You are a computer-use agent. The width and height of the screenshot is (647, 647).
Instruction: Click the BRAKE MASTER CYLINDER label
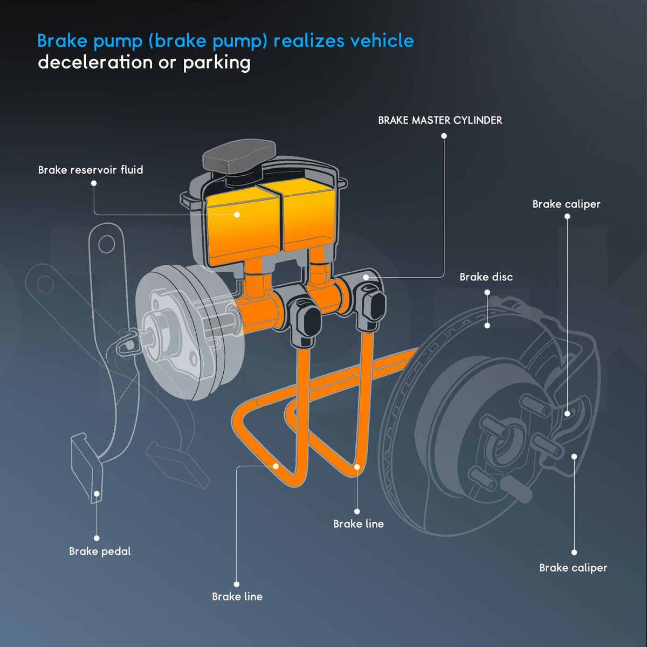tap(440, 120)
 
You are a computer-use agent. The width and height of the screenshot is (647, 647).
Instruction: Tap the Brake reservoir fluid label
tap(91, 170)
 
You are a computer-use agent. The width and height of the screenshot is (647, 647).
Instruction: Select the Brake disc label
tap(486, 277)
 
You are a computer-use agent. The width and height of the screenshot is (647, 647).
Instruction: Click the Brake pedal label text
tap(100, 552)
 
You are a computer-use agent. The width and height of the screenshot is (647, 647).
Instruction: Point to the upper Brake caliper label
tap(567, 204)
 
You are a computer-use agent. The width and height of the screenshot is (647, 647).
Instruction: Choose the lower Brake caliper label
tap(573, 568)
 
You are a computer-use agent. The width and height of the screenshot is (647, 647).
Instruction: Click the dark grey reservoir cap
tap(239, 155)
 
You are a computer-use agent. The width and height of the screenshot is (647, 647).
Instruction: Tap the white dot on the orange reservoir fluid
tap(237, 215)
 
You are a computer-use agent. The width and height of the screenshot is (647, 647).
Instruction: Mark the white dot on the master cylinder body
tap(366, 277)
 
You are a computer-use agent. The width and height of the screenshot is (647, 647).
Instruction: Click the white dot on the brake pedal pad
tap(97, 493)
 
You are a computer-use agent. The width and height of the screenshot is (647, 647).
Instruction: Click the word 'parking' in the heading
tap(217, 63)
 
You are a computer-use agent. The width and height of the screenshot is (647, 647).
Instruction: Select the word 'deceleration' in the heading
tap(95, 63)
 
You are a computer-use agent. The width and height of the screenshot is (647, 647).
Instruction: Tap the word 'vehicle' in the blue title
tap(382, 40)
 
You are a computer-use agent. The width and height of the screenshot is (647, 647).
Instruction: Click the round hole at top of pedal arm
tap(107, 244)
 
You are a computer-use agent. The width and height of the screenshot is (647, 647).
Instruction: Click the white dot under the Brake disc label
tap(487, 292)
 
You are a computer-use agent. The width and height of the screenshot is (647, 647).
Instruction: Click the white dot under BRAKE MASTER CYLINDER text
tap(444, 136)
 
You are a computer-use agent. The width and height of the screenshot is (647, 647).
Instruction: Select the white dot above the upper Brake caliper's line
tap(567, 217)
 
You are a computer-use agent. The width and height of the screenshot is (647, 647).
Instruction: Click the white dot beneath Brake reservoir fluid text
tap(94, 183)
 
